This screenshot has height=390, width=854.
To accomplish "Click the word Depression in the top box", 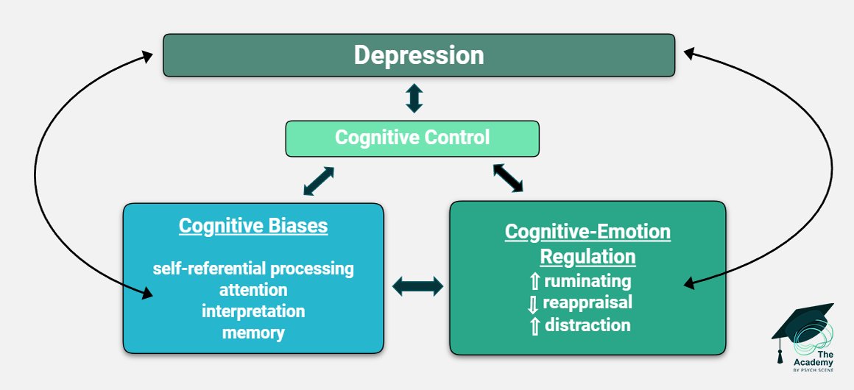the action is [x=419, y=56].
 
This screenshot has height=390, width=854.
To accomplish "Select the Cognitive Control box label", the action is [x=412, y=138].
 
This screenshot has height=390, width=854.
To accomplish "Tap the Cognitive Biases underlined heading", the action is [x=253, y=225].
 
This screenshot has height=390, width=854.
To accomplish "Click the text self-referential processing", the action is [x=253, y=269].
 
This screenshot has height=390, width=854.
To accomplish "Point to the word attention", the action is [x=253, y=289].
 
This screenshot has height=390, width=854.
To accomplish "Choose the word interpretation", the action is [x=253, y=311].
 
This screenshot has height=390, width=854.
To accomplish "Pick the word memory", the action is [x=253, y=333].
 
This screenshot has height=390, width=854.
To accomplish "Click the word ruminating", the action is [x=587, y=281].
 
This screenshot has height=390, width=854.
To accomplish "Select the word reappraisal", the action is [x=587, y=302].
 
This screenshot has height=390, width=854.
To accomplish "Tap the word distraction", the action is [x=587, y=325].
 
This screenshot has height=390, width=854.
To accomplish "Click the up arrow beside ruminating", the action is [x=534, y=281].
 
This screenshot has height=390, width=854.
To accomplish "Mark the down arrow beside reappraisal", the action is [x=533, y=304].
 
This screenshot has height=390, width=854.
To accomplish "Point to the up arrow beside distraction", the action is [x=534, y=326].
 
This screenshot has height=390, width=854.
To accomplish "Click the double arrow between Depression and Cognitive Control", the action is [x=414, y=98].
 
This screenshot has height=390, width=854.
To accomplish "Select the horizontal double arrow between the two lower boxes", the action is [x=417, y=286].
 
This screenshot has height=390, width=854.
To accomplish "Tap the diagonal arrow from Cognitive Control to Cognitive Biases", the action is [x=319, y=181].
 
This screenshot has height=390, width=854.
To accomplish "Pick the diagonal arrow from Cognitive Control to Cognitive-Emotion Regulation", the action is [x=508, y=177].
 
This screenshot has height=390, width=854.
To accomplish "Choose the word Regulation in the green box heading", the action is [x=587, y=257].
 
